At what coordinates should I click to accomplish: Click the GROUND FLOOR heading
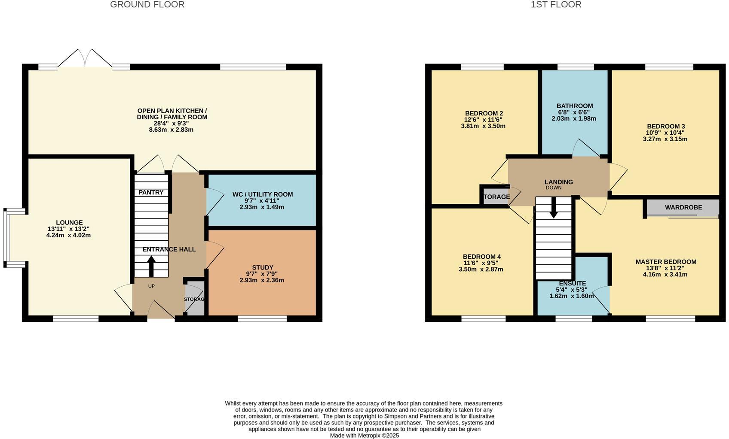147,5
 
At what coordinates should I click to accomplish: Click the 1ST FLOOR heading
556,5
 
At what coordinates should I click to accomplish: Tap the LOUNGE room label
69,222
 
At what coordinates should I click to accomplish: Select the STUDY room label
262,267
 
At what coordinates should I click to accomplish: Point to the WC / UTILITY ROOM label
262,194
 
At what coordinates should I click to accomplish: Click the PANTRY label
151,192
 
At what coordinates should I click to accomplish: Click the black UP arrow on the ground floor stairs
151,266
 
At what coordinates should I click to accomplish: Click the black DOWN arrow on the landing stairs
554,207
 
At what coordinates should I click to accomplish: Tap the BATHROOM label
574,106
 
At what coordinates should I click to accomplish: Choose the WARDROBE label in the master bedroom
683,207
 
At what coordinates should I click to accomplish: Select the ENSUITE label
572,284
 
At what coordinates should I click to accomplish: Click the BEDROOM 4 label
481,257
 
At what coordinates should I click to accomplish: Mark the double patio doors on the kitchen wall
85,59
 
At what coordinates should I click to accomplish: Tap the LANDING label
558,182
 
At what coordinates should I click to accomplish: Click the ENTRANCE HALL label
169,249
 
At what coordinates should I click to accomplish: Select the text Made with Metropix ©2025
364,435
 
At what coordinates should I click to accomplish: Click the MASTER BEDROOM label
665,262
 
